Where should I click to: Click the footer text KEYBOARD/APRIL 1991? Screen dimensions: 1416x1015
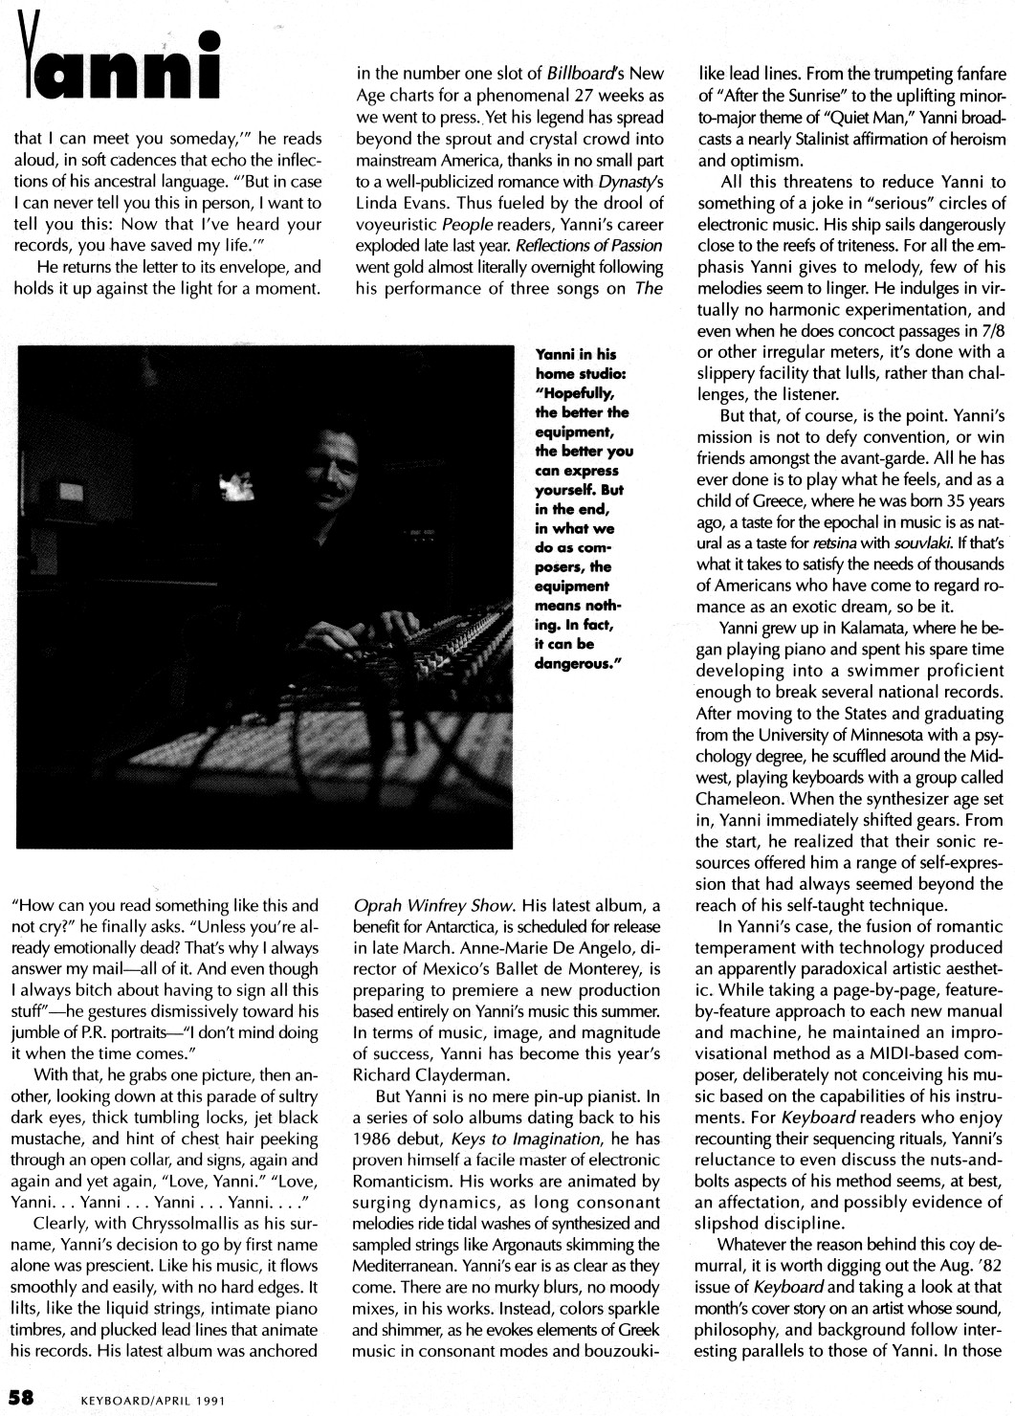154,1397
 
